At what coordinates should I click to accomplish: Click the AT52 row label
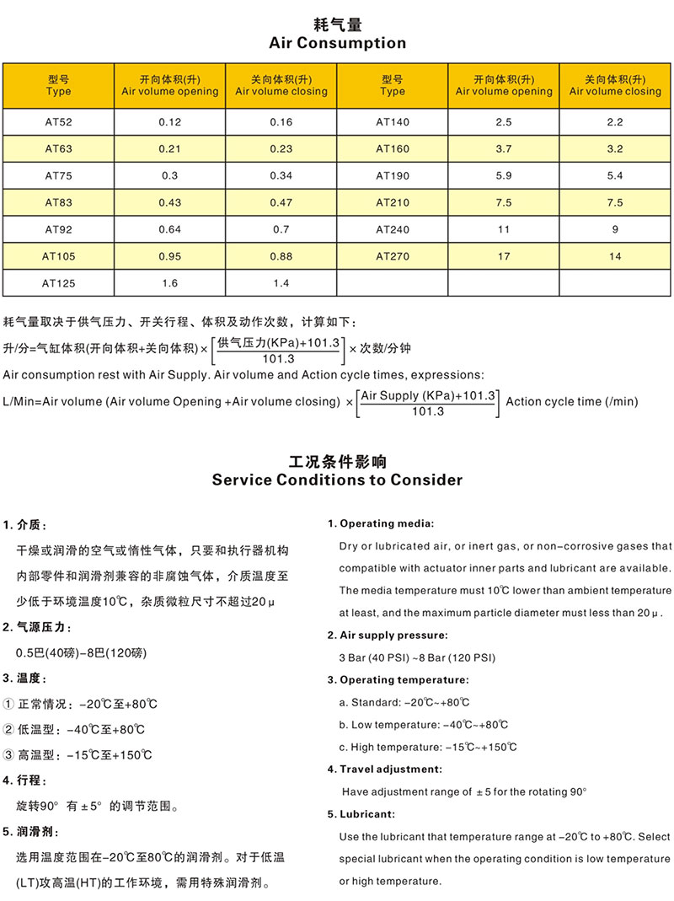click(58, 122)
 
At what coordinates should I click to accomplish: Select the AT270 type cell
click(392, 256)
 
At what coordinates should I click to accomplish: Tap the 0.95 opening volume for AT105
click(169, 256)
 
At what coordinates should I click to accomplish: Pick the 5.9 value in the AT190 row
click(503, 176)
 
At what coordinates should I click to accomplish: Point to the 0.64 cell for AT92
click(169, 229)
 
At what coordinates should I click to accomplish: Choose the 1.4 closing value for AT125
click(281, 283)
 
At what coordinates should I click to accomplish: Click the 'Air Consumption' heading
click(337, 43)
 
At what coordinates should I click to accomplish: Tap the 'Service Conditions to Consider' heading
click(337, 480)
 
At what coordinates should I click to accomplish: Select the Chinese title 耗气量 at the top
click(337, 24)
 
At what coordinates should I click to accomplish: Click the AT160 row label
click(392, 149)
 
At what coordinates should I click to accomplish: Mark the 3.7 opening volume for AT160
click(503, 149)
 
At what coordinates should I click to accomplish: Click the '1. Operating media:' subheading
click(381, 524)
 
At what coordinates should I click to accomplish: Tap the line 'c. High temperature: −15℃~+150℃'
click(428, 747)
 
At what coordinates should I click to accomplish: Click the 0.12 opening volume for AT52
click(169, 122)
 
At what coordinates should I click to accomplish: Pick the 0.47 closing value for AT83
click(281, 203)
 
